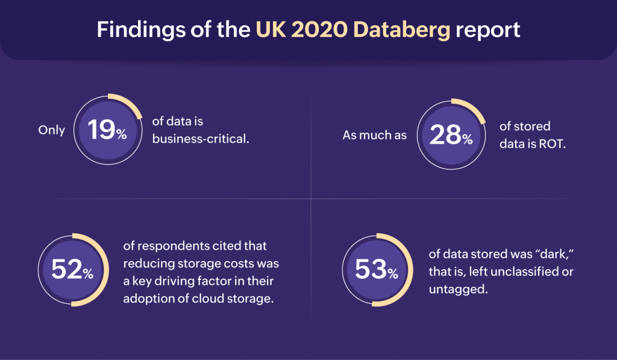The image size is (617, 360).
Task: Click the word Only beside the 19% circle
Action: (51, 130)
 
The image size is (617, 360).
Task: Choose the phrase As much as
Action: (374, 136)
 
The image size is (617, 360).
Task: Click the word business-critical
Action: (201, 138)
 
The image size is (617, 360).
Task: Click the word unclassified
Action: (520, 272)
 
